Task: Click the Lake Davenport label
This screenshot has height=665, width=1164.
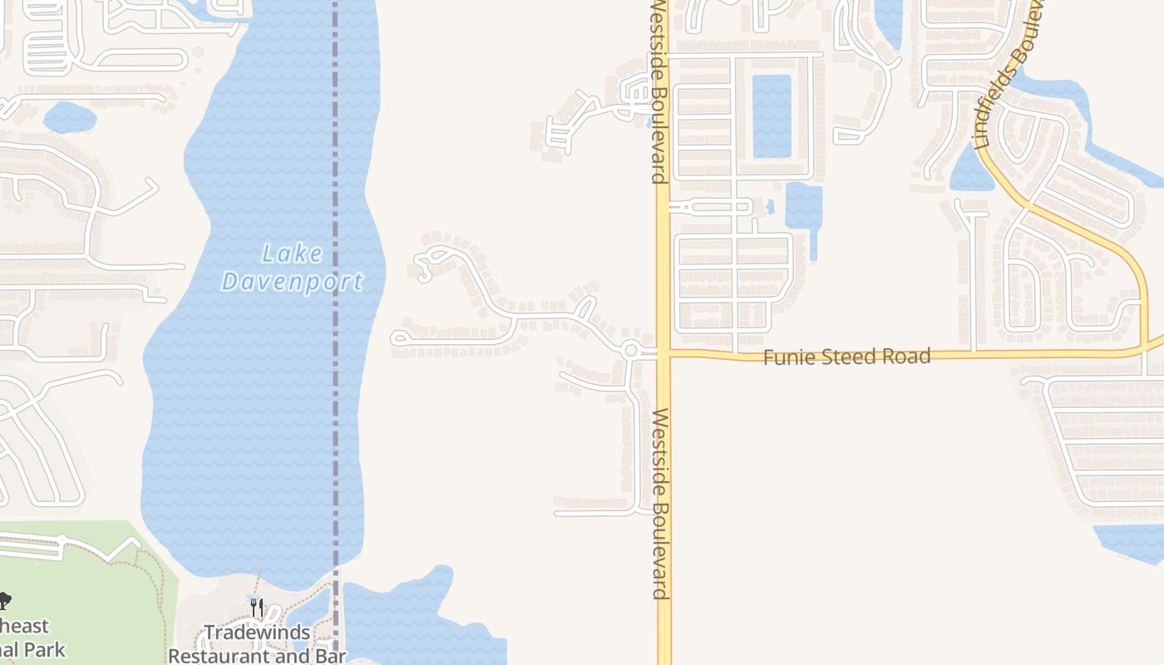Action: point(292,267)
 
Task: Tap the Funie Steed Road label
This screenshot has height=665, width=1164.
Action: point(846,357)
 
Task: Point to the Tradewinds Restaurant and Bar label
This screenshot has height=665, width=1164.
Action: point(257,643)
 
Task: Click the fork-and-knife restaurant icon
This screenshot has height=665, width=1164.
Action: point(257,608)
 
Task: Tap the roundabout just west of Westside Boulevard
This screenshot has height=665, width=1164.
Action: point(630,351)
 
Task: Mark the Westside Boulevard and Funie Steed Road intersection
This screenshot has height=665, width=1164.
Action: point(663,354)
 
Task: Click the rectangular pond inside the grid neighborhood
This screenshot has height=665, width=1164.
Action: point(772,116)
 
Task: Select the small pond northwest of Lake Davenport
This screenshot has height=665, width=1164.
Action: point(69,117)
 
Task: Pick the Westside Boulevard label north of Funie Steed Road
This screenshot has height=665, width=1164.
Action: point(658,91)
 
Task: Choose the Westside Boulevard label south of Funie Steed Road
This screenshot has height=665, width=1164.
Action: point(661,503)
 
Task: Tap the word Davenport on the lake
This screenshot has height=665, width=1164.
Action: point(292,282)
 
